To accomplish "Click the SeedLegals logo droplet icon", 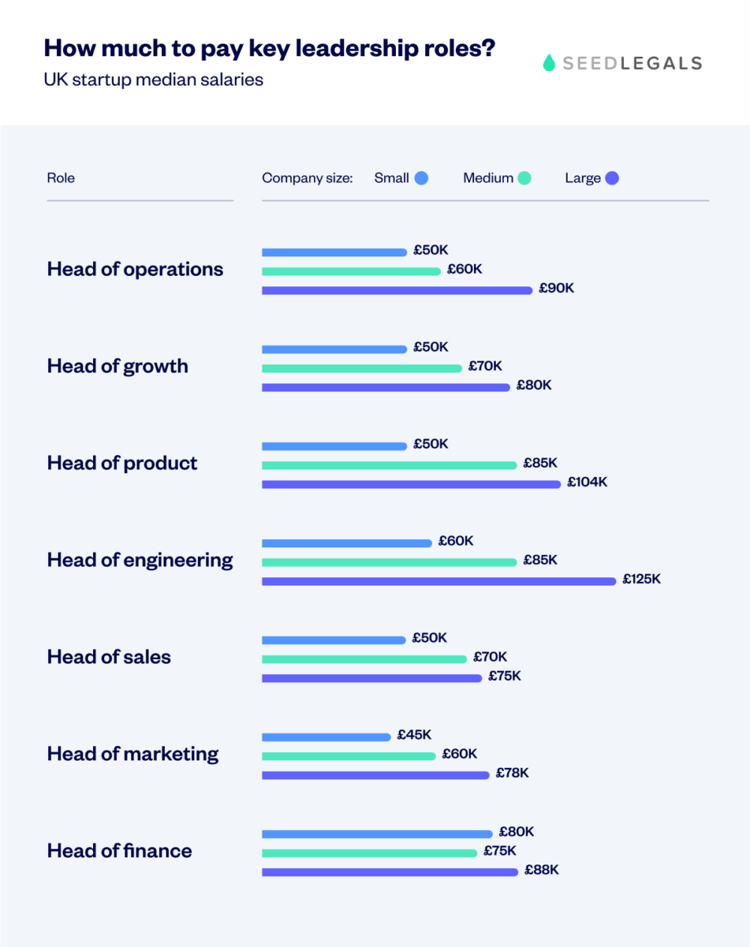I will (549, 63).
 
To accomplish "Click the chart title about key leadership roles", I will (269, 48).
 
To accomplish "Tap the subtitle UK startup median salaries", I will (153, 79).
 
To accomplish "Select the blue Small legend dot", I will (421, 178).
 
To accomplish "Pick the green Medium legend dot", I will (524, 178).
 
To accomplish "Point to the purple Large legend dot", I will (612, 178).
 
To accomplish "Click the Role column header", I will (61, 178).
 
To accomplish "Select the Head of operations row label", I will (135, 269).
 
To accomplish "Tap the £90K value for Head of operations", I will (556, 288).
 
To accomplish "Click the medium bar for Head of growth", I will (361, 368).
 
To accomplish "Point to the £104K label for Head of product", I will (586, 482).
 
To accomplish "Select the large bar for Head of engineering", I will (439, 581).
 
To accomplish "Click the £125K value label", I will (641, 579).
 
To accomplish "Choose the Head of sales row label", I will (109, 657).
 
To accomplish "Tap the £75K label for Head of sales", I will (504, 676).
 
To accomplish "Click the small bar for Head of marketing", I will (326, 737).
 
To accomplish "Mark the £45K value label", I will (414, 735).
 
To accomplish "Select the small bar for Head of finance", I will (377, 834).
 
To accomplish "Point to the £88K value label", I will (541, 870).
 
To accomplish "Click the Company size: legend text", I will (307, 178).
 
